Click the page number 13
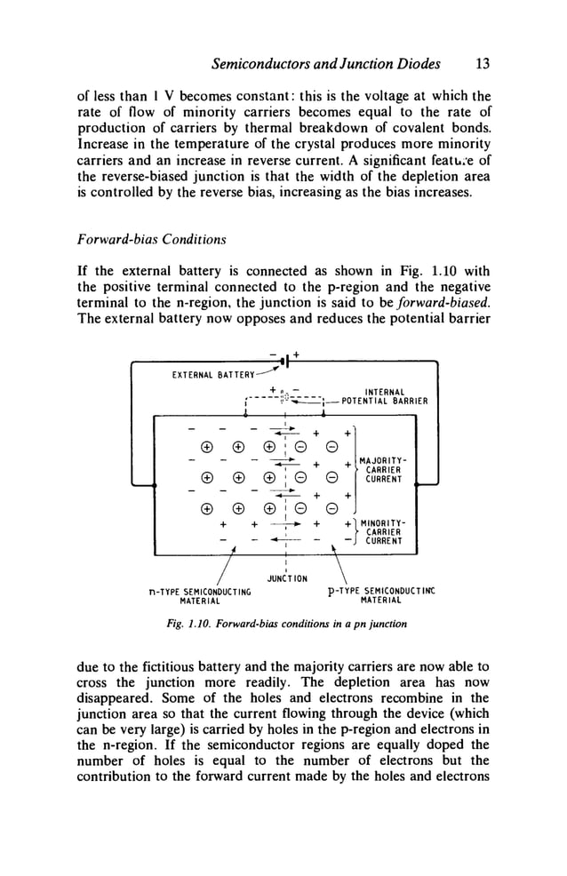[483, 64]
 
